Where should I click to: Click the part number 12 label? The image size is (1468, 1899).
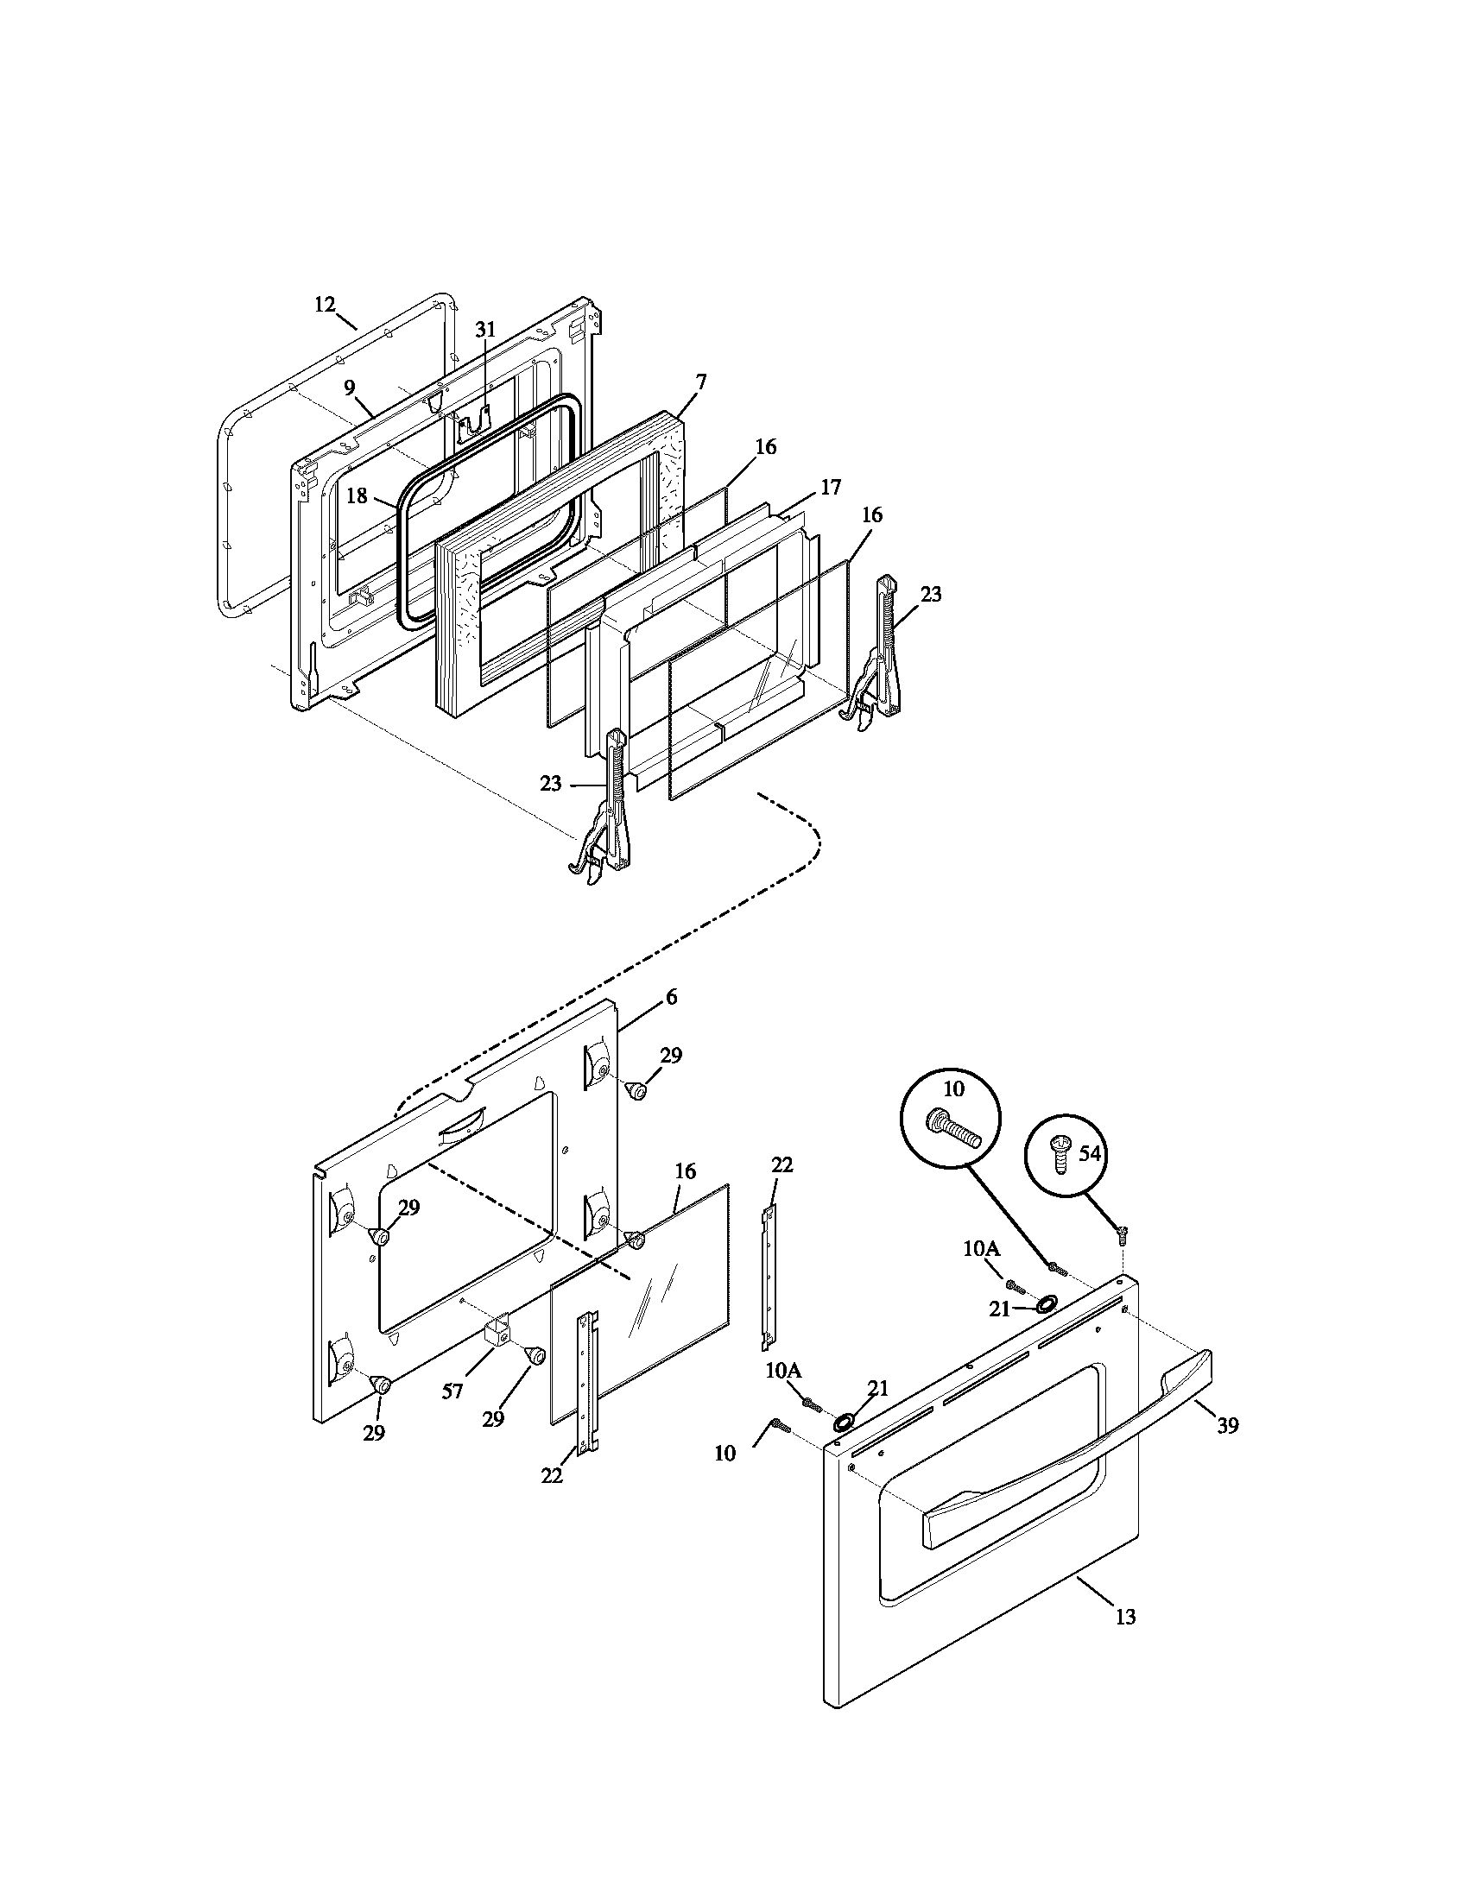(325, 305)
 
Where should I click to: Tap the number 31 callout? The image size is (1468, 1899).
(485, 329)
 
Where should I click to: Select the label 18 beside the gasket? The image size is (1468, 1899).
(358, 495)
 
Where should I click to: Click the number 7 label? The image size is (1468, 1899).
(701, 382)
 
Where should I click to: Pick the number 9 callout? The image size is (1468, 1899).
(350, 387)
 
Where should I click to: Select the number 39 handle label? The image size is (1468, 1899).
(1227, 1425)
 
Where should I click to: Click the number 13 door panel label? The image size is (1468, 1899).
(1125, 1618)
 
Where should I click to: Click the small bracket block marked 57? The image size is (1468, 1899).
(496, 1356)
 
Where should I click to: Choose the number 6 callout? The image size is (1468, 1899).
(671, 998)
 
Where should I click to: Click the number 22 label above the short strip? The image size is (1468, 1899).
(781, 1165)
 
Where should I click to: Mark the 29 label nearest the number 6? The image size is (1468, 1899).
(670, 1056)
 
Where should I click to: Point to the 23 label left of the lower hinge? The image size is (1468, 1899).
(552, 784)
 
